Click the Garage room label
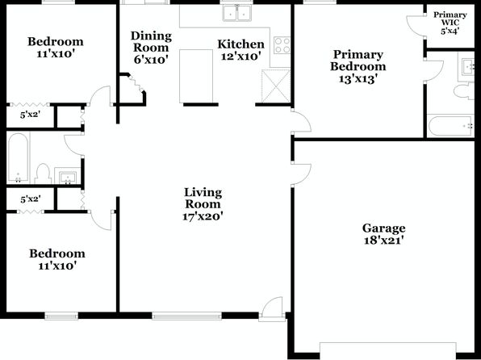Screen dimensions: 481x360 (x=384, y=228)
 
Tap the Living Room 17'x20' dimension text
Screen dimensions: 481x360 (x=203, y=216)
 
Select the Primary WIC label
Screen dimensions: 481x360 (x=450, y=19)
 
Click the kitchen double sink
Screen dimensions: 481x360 (x=236, y=13)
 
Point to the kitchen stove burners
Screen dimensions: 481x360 (x=282, y=45)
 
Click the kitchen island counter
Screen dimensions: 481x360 (x=196, y=76)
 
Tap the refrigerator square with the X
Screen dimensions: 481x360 (x=276, y=86)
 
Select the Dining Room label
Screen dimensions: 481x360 (x=151, y=42)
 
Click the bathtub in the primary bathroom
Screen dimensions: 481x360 (x=450, y=125)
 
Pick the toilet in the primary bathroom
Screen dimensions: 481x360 (x=464, y=91)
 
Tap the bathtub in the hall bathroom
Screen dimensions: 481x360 (x=18, y=157)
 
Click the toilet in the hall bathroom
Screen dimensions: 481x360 (x=43, y=174)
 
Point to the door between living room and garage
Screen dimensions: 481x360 (x=302, y=174)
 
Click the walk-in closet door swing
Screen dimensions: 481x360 (x=416, y=26)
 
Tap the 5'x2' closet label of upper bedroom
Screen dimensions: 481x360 (x=31, y=115)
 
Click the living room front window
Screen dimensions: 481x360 (x=186, y=316)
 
